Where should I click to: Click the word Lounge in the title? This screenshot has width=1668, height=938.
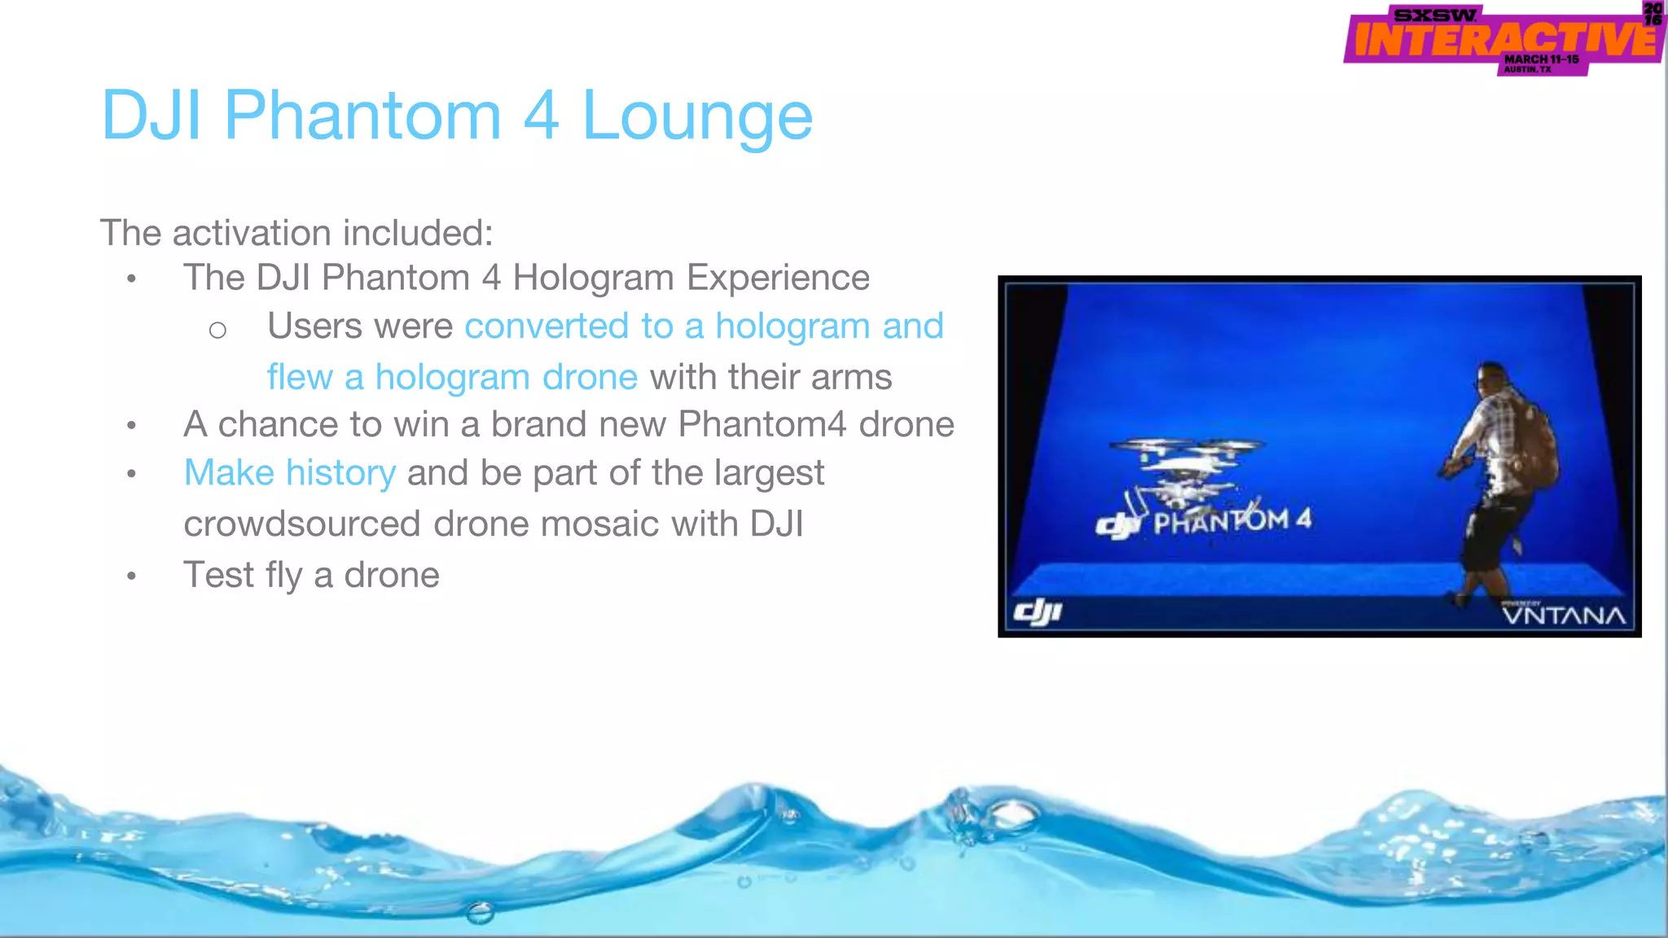pyautogui.click(x=697, y=116)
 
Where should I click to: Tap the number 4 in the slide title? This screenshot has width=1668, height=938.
pyautogui.click(x=541, y=115)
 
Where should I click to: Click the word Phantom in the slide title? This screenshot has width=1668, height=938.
pyautogui.click(x=362, y=115)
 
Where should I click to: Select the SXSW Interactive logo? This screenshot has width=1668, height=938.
pyautogui.click(x=1503, y=39)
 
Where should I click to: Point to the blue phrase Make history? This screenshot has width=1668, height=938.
pyautogui.click(x=290, y=473)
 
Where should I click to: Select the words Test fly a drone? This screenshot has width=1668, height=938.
pyautogui.click(x=311, y=575)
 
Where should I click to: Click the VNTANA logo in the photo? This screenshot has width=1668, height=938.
pyautogui.click(x=1564, y=614)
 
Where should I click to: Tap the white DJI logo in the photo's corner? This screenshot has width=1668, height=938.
pyautogui.click(x=1038, y=612)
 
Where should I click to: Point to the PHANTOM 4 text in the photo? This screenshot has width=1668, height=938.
pyautogui.click(x=1231, y=520)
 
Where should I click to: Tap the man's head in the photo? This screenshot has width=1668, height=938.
pyautogui.click(x=1495, y=379)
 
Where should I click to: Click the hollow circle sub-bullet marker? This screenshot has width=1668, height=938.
pyautogui.click(x=217, y=330)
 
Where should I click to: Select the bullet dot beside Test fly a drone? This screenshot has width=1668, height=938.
pyautogui.click(x=131, y=576)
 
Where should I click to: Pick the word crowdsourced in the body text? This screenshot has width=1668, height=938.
pyautogui.click(x=302, y=524)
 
